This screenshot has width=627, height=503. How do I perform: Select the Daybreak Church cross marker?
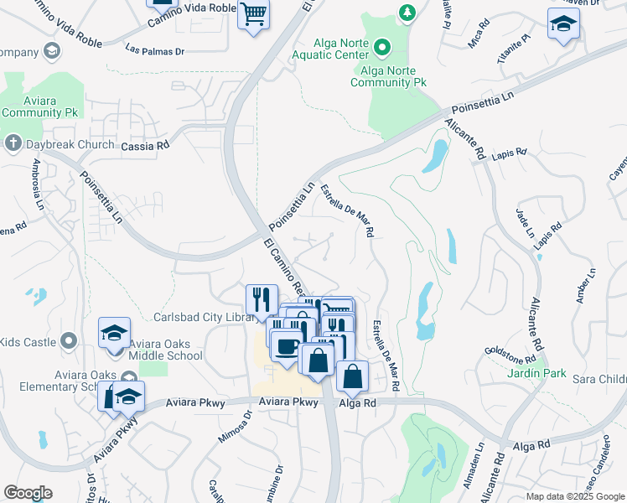click(x=13, y=143)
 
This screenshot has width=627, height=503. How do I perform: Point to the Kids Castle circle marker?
click(x=69, y=341)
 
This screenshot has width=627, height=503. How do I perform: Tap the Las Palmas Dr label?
click(x=154, y=50)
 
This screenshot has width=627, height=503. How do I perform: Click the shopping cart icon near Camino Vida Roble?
click(x=253, y=14)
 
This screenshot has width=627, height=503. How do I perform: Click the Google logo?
click(x=28, y=492)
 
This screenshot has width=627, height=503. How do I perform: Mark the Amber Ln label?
click(x=584, y=287)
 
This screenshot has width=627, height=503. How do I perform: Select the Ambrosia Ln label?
click(x=39, y=181)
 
